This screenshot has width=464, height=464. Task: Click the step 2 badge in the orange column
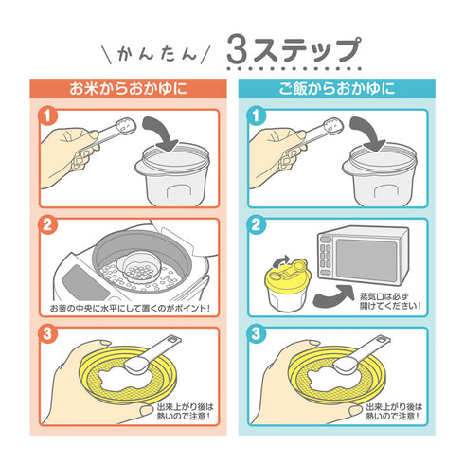pyautogui.click(x=47, y=227)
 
